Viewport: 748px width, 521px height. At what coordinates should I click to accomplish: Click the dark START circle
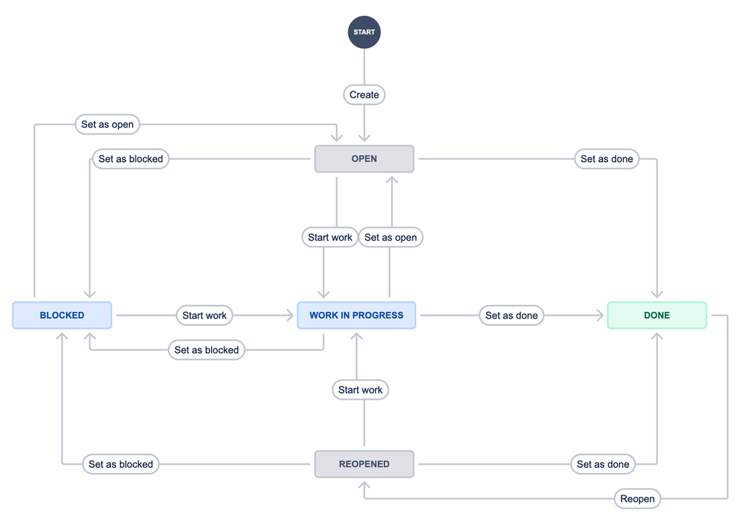[x=364, y=32]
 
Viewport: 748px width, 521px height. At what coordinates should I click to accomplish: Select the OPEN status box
[x=364, y=159]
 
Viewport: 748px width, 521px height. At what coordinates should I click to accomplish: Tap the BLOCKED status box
[x=62, y=316]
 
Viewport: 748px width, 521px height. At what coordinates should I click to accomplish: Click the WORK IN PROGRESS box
[x=356, y=316]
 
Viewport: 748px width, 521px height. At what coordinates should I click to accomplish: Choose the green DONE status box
[x=657, y=316]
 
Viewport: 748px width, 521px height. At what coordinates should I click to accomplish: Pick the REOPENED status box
[x=364, y=464]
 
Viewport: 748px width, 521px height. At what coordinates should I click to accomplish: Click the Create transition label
[x=364, y=95]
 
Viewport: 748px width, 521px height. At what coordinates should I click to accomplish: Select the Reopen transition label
[x=637, y=499]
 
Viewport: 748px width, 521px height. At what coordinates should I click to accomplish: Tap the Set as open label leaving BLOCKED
[x=107, y=124]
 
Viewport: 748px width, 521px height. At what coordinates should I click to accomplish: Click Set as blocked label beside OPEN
[x=131, y=159]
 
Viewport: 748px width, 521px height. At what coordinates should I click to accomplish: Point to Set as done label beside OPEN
[x=606, y=159]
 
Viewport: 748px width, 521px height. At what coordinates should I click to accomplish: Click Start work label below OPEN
[x=330, y=238]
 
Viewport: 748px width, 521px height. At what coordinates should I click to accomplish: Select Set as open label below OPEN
[x=391, y=238]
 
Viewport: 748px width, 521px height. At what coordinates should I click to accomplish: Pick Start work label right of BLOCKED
[x=204, y=316]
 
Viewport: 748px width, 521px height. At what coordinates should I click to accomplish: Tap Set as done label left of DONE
[x=511, y=316]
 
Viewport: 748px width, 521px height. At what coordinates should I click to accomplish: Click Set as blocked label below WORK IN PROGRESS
[x=207, y=350]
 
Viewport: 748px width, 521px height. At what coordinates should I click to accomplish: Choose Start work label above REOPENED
[x=360, y=390]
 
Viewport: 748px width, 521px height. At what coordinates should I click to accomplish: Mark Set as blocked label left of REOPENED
[x=121, y=464]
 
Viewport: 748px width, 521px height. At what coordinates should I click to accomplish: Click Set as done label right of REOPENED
[x=603, y=464]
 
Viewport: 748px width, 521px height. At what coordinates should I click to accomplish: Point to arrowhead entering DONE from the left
[x=600, y=316]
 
